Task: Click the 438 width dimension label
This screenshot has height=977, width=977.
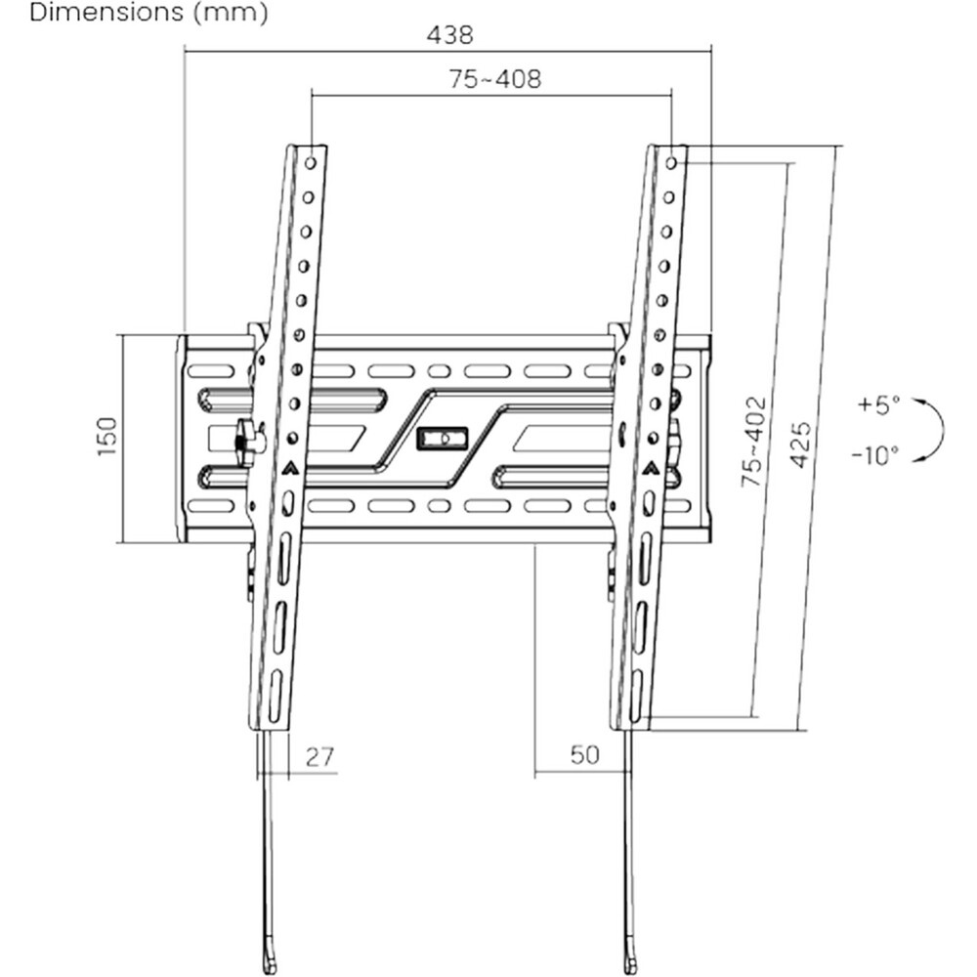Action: click(449, 35)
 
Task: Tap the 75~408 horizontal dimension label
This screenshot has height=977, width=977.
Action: click(495, 79)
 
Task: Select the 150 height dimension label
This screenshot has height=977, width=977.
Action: click(107, 436)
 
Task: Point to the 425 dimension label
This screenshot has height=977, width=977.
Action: click(801, 445)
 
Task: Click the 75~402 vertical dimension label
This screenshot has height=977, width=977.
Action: click(754, 442)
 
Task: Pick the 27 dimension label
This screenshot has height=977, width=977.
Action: click(320, 756)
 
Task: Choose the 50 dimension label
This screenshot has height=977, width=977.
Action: click(585, 755)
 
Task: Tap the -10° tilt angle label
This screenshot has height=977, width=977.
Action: click(875, 455)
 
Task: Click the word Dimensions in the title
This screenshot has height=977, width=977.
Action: click(106, 13)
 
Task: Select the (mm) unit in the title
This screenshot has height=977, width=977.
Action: click(232, 13)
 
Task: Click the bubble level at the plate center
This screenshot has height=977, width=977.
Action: click(442, 439)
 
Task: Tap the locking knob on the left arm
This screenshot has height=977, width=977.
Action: click(247, 443)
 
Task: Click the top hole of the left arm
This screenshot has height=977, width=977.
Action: click(311, 163)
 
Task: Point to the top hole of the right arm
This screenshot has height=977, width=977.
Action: click(671, 163)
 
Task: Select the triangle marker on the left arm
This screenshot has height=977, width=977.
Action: click(290, 467)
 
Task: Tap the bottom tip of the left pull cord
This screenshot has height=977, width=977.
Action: click(270, 970)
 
